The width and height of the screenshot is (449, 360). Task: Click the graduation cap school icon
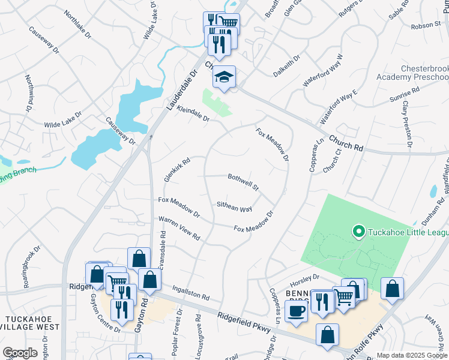pos(224,77)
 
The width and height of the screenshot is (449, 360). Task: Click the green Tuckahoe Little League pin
pos(358,231)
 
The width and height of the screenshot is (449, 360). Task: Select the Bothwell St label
pos(243,181)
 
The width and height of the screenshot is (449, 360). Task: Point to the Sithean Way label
pos(234,207)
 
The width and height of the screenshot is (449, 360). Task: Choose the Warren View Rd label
pos(179,229)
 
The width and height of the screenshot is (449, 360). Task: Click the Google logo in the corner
pos(20,352)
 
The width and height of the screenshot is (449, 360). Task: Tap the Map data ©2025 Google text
pos(411,355)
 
